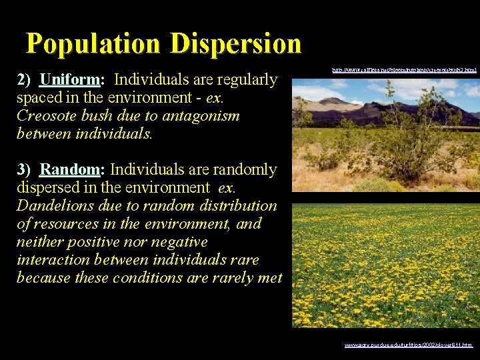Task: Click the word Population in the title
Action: tap(94, 44)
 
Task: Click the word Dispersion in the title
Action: tap(235, 44)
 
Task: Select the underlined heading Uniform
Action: tap(70, 80)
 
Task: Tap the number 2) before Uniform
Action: tap(25, 80)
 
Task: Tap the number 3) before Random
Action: tap(25, 170)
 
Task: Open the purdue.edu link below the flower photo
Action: tap(408, 345)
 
